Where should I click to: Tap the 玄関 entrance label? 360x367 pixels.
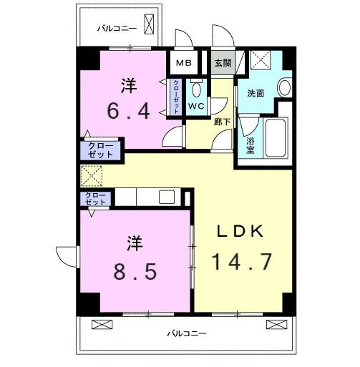click(223, 63)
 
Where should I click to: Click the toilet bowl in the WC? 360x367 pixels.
click(197, 91)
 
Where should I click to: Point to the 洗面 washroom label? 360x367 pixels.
click(256, 93)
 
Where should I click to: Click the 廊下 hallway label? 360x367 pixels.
click(221, 122)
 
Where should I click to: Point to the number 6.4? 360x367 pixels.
click(128, 112)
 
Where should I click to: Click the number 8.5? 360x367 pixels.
click(135, 271)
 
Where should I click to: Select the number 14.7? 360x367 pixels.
click(241, 262)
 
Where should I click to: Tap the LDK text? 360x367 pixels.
click(241, 231)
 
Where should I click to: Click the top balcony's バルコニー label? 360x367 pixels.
click(117, 29)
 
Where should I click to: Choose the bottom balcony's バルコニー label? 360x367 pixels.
click(187, 333)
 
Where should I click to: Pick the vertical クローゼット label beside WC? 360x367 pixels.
click(177, 97)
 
